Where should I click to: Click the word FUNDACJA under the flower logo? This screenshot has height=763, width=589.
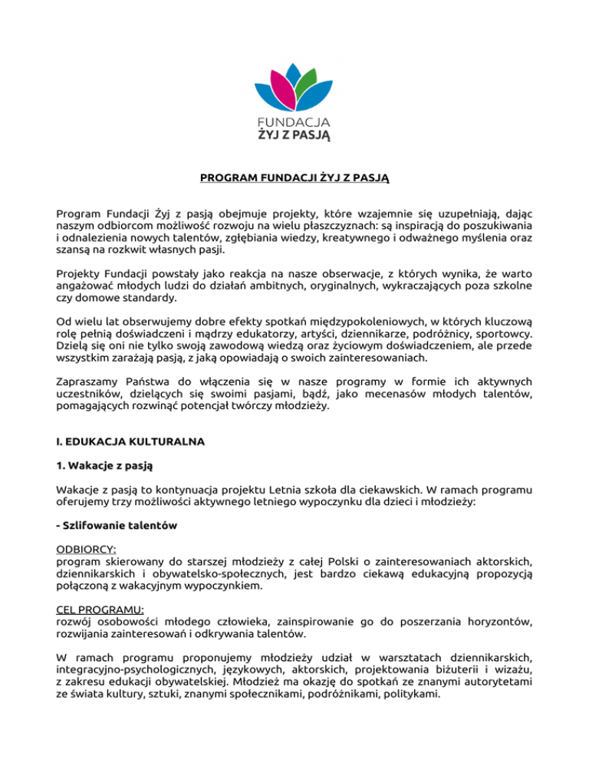(294, 122)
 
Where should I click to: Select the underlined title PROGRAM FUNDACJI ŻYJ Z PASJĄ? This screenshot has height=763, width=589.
(294, 179)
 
